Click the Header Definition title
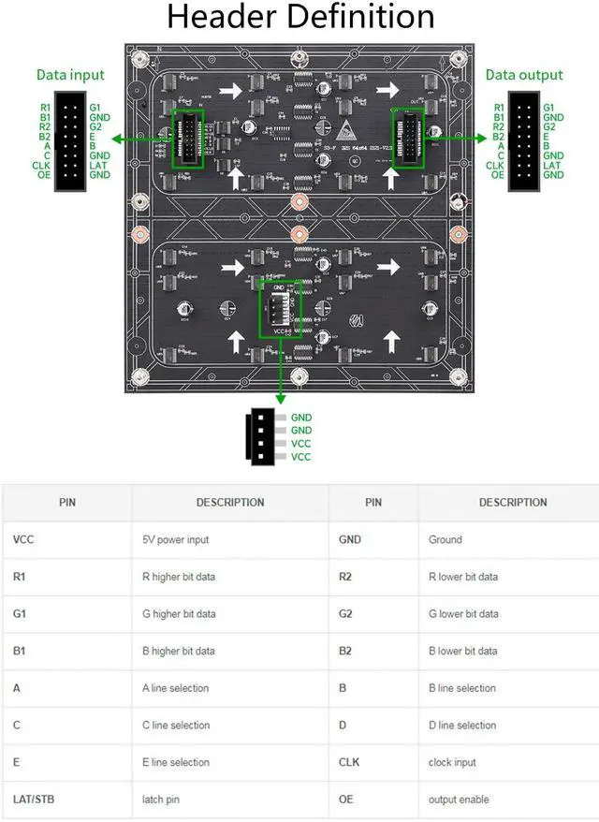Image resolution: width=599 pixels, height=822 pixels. [x=299, y=18]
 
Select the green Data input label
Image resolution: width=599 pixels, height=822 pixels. [x=70, y=75]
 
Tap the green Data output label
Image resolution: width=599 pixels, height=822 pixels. [x=524, y=75]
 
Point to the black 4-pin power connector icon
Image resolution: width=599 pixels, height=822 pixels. [x=263, y=436]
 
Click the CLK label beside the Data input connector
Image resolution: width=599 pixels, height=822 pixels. [x=42, y=165]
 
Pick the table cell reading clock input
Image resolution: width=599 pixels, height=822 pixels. [x=453, y=762]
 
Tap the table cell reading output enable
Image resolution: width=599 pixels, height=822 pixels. [x=459, y=800]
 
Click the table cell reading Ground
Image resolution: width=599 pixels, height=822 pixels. [x=446, y=539]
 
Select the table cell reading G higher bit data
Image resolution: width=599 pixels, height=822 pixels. [x=179, y=614]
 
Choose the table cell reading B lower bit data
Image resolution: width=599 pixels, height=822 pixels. [x=462, y=651]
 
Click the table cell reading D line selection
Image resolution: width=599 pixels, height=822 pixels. [x=462, y=725]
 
